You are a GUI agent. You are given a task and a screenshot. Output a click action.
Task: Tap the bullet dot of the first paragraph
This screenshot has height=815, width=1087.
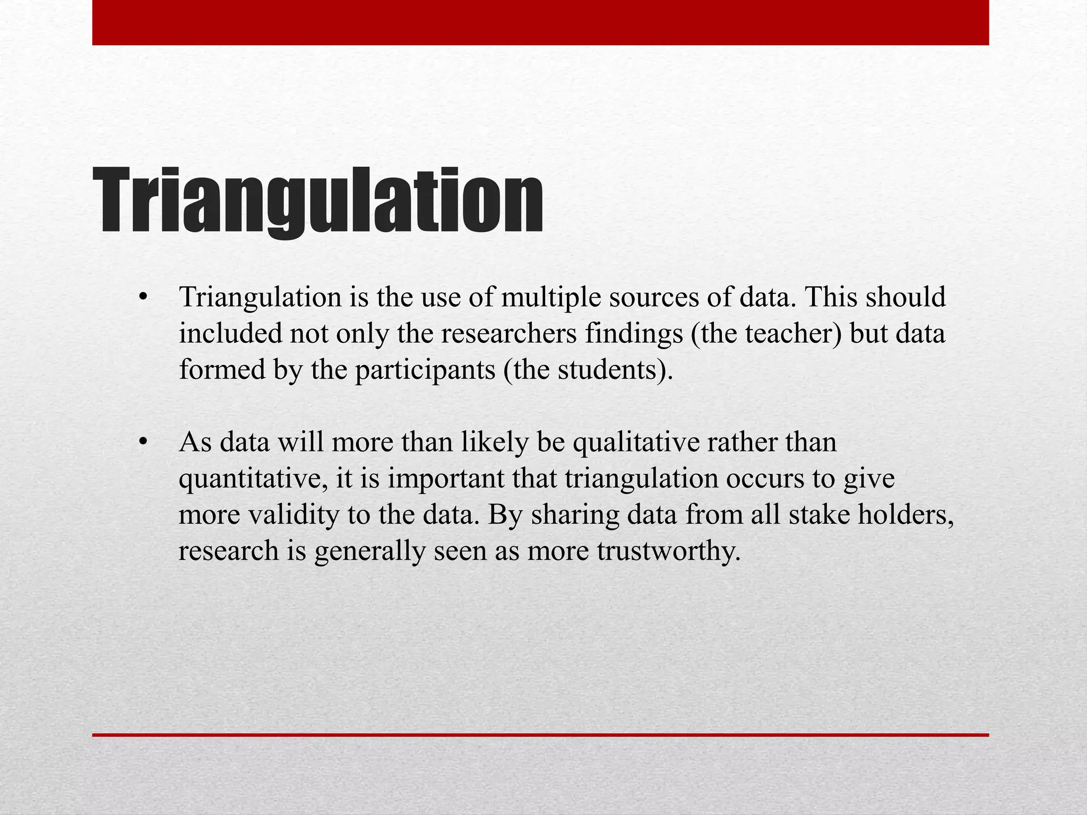(x=142, y=298)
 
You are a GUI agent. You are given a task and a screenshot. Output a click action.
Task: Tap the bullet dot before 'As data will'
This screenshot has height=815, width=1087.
(x=142, y=443)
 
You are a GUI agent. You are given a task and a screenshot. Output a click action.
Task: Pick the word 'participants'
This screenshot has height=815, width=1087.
(x=425, y=370)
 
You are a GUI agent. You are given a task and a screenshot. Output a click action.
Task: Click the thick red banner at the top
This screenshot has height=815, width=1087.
(x=540, y=22)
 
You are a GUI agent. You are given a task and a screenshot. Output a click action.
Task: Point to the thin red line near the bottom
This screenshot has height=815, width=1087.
(x=540, y=735)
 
